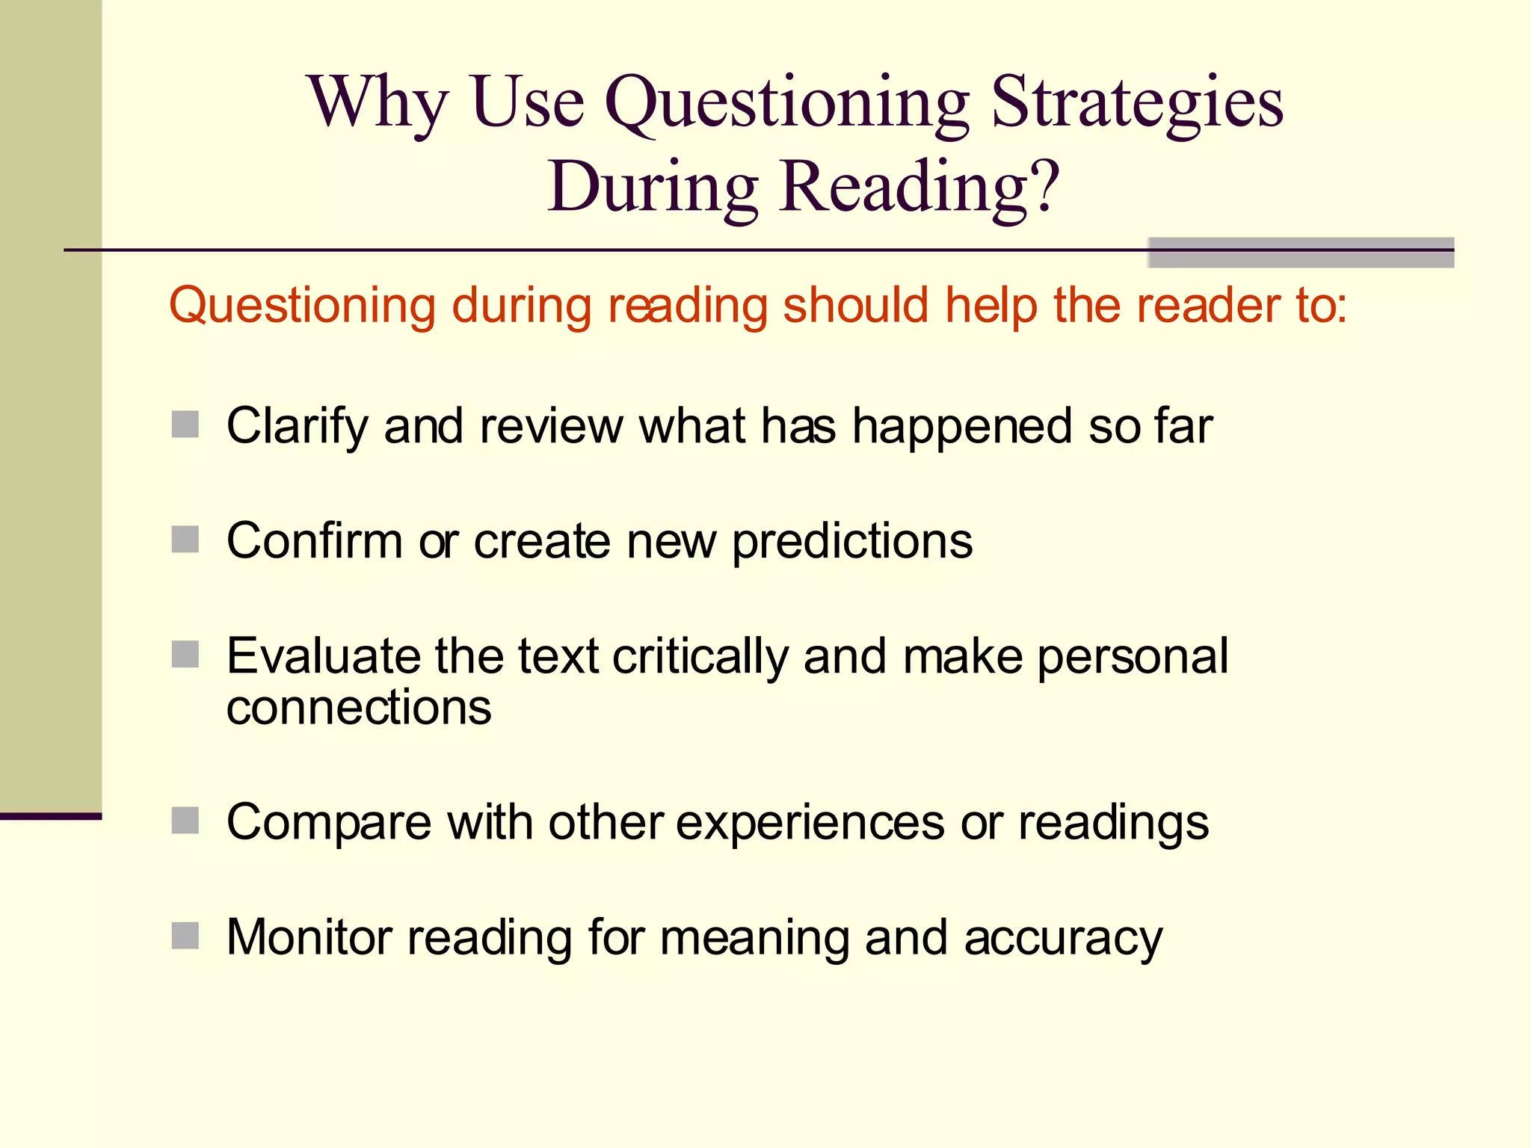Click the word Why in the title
378,103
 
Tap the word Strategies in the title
1136,103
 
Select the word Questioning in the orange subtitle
302,306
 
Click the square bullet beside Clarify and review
185,425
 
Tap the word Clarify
296,427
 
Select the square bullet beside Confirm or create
185,540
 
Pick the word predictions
852,542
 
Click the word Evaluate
322,656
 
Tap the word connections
359,708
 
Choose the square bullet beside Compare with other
185,821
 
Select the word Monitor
309,936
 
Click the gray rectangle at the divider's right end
1301,253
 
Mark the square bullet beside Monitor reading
185,936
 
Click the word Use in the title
527,103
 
